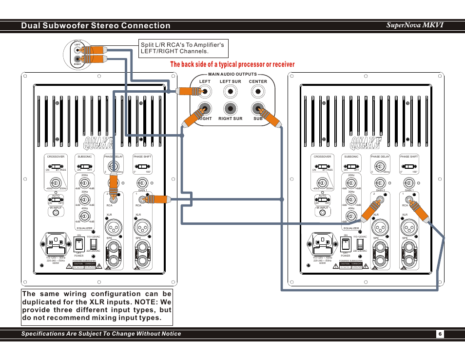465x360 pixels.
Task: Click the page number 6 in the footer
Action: coord(439,334)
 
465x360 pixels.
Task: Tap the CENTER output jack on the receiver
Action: coord(258,91)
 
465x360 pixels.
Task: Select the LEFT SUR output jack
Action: coord(231,91)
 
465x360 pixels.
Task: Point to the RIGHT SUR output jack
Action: coord(231,109)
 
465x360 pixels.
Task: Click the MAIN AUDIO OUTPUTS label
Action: coord(232,74)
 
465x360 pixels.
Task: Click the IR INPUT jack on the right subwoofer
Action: coord(323,213)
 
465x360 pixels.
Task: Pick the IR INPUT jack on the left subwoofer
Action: coord(56,213)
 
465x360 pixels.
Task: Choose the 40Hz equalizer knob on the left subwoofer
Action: coord(84,216)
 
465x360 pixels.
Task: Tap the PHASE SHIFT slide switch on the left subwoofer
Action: coord(142,166)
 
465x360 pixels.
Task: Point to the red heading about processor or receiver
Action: coord(232,64)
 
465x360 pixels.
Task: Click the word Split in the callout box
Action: coord(147,45)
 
